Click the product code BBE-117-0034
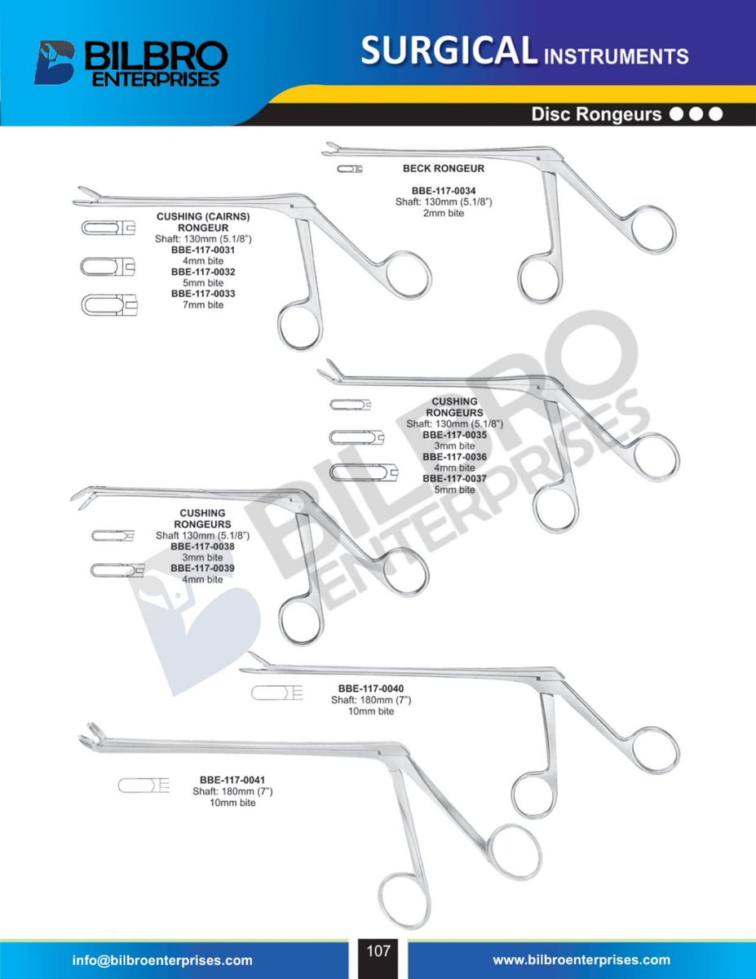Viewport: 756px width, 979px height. [444, 191]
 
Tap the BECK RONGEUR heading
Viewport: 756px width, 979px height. [444, 169]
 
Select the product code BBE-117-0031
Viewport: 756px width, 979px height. [203, 250]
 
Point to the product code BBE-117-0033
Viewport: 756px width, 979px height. [203, 294]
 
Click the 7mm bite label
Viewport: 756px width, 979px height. [203, 304]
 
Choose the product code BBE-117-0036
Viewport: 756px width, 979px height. [454, 457]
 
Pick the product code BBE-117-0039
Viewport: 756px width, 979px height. [202, 568]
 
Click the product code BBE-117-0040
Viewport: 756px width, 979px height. [371, 689]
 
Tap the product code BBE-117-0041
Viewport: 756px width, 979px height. [232, 780]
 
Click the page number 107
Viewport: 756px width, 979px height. [378, 951]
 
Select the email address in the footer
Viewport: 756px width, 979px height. [162, 960]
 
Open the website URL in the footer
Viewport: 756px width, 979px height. [581, 960]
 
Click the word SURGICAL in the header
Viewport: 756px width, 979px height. [449, 50]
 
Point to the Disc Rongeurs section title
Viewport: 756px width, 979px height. [596, 114]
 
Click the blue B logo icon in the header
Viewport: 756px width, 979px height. [54, 63]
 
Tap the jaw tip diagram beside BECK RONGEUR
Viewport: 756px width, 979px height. [350, 169]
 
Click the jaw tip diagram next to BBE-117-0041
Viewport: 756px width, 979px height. [144, 786]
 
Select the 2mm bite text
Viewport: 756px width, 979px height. [444, 213]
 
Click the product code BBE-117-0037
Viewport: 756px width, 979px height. [454, 478]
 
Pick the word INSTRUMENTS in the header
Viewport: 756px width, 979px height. [617, 57]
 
